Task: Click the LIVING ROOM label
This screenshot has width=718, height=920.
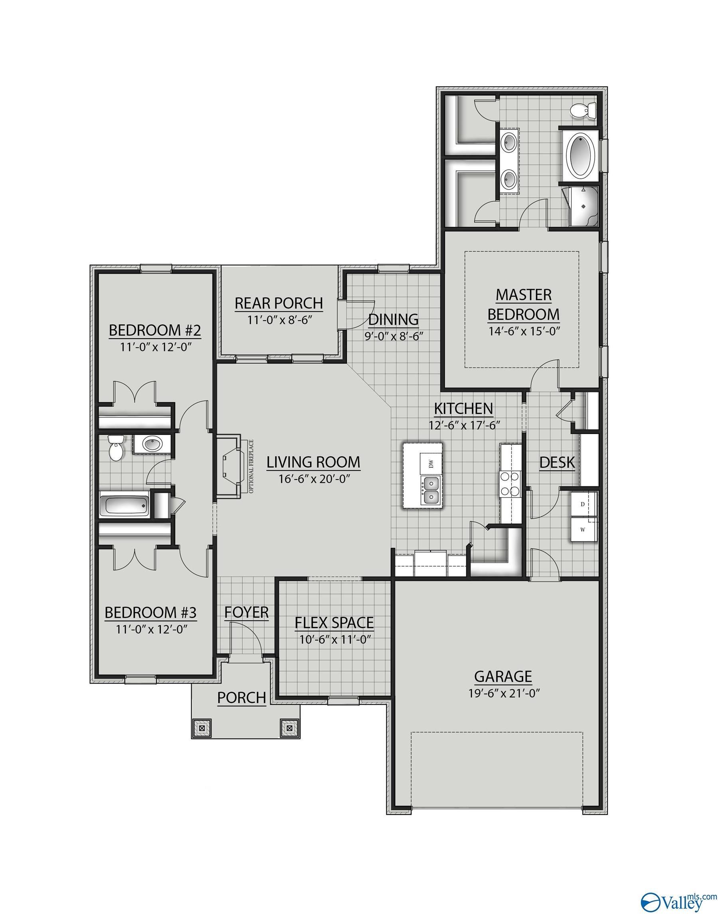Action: [313, 462]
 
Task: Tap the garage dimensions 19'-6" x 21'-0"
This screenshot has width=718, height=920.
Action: [504, 693]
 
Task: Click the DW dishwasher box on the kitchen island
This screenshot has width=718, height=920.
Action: [431, 464]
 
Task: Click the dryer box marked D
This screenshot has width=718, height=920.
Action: [583, 504]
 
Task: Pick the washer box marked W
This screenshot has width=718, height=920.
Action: [583, 529]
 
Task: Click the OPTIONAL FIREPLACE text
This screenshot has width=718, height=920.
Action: [251, 466]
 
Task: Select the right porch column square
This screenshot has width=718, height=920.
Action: [289, 728]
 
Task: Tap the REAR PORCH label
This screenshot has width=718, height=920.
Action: [278, 303]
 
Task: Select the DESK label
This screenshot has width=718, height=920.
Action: [557, 462]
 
